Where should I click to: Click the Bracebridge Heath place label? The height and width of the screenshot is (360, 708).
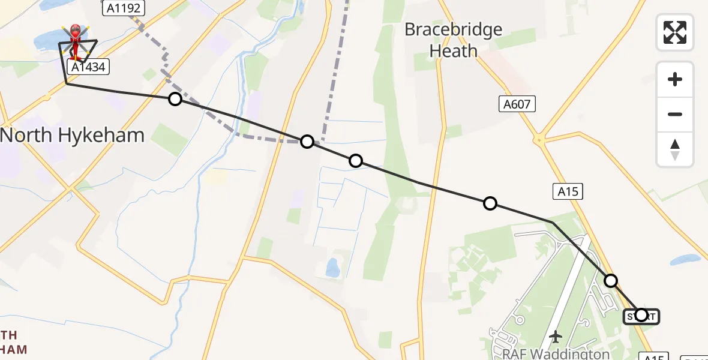click(x=453, y=40)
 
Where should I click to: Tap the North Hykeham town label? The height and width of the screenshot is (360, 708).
click(x=73, y=135)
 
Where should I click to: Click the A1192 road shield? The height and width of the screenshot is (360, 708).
click(x=123, y=8)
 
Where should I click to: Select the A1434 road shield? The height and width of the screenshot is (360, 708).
click(x=88, y=67)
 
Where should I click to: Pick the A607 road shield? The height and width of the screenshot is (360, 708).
click(x=517, y=104)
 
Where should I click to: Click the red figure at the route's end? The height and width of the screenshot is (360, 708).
click(x=76, y=42)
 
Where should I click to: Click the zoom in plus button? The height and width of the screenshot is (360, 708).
click(x=675, y=79)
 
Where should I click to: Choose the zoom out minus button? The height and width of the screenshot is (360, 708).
click(x=675, y=114)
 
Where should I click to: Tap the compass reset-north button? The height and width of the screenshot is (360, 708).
click(x=675, y=149)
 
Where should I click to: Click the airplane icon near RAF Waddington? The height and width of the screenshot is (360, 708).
click(x=556, y=337)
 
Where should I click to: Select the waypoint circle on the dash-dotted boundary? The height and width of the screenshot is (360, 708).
click(x=307, y=142)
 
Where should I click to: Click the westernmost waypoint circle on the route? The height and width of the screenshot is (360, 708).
click(x=175, y=99)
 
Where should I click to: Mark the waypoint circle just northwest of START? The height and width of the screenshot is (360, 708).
click(x=611, y=280)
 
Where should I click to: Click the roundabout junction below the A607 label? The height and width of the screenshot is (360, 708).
click(x=539, y=140)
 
